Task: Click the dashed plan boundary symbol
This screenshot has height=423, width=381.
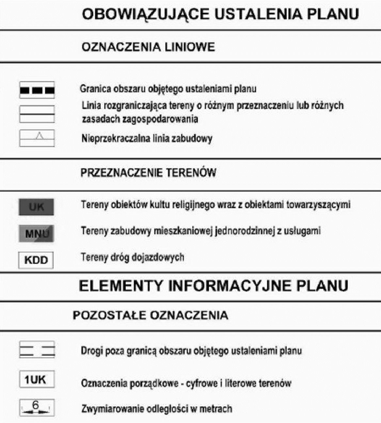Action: (x=37, y=90)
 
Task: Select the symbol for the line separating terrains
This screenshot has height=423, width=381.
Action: (x=37, y=114)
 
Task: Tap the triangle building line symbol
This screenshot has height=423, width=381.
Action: (x=37, y=138)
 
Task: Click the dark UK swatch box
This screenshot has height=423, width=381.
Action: (x=36, y=207)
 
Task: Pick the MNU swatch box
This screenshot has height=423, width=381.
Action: (x=36, y=233)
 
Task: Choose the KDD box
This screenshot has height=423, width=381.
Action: (x=36, y=260)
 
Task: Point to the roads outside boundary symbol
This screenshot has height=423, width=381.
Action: (x=37, y=350)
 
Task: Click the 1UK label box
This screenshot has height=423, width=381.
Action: (x=37, y=380)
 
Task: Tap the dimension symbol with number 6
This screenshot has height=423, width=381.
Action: (x=37, y=408)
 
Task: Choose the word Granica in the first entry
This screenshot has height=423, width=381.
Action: (x=93, y=89)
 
